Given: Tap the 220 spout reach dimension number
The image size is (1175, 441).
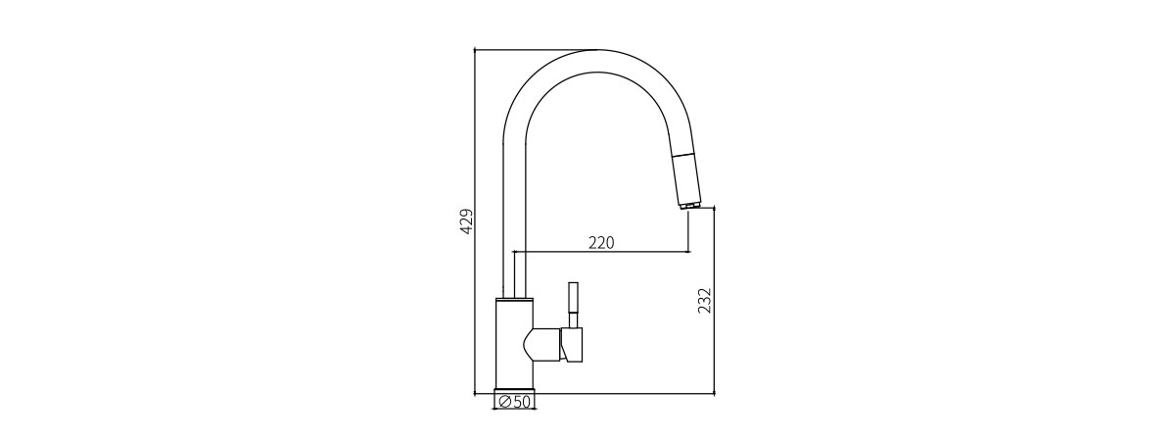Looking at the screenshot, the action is (601, 243).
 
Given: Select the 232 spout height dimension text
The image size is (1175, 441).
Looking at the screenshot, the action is (705, 301).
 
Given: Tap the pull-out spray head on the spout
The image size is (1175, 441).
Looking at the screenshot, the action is (685, 178).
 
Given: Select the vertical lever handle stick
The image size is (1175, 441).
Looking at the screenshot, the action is (574, 306).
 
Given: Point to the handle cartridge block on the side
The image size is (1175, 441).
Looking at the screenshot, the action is (572, 345).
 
